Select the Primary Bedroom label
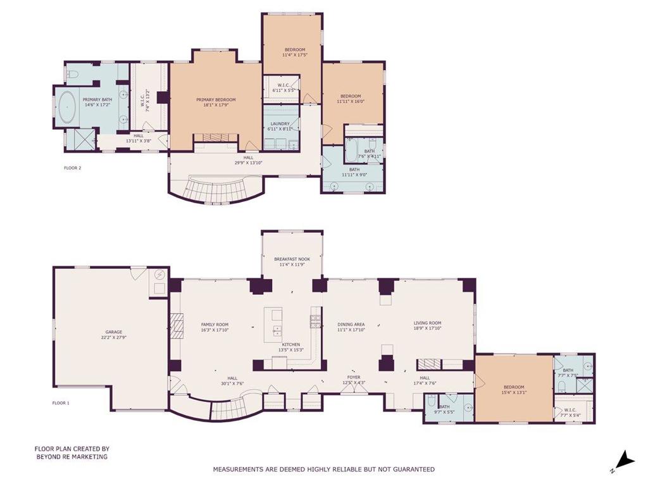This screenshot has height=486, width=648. pyautogui.click(x=216, y=103)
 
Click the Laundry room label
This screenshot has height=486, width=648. pyautogui.click(x=280, y=126)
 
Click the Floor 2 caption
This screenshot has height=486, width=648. pyautogui.click(x=73, y=168)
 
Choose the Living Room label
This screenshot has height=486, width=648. pyautogui.click(x=427, y=325)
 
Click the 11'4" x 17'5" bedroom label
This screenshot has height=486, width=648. pyautogui.click(x=294, y=53)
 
